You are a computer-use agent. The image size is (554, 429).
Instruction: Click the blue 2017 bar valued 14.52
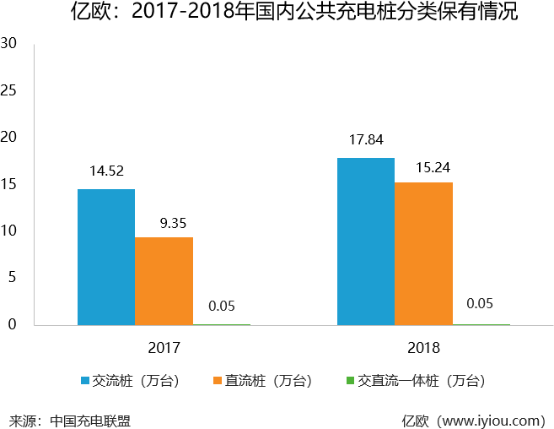[106, 257]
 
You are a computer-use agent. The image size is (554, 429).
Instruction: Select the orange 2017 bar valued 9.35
[164, 281]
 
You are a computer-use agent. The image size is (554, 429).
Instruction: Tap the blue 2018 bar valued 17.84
[366, 242]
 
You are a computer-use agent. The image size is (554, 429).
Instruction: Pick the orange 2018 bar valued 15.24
[423, 253]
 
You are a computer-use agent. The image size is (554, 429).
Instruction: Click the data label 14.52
[106, 171]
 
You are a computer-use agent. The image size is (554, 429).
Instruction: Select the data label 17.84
[366, 139]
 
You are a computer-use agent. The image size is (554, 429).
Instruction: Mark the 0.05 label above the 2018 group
[480, 304]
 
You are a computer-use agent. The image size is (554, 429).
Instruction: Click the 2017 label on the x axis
[164, 347]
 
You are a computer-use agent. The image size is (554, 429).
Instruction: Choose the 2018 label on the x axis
[423, 347]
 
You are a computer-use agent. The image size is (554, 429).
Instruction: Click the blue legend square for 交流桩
[85, 381]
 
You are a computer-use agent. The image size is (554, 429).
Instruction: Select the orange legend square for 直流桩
[217, 381]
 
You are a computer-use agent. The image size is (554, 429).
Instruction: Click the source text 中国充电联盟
[90, 420]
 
